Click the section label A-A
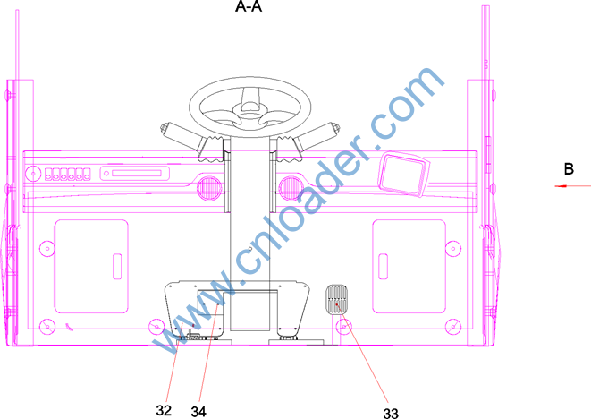point(249,6)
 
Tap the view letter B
point(569,168)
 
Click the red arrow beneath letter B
point(572,185)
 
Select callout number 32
point(164,410)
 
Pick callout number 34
point(198,412)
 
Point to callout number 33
point(391,414)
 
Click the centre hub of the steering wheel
point(249,110)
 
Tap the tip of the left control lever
point(165,128)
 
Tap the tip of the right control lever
point(334,128)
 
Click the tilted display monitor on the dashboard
point(403,174)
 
